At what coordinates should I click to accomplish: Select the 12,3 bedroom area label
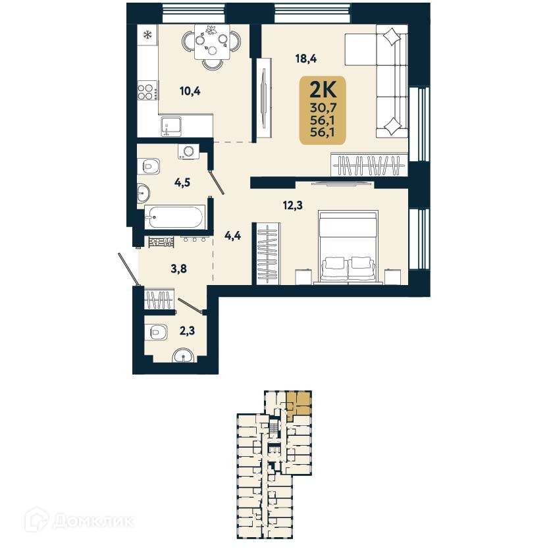click(x=293, y=205)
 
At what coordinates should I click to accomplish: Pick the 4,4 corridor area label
click(x=233, y=236)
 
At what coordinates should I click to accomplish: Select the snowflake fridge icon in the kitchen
click(x=147, y=33)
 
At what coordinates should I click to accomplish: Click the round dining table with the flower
click(x=212, y=42)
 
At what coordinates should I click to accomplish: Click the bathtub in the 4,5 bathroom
click(x=175, y=217)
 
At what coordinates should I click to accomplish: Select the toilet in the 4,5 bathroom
click(x=150, y=166)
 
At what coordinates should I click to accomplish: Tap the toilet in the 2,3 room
click(x=155, y=332)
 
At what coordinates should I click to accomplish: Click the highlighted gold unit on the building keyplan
click(x=299, y=404)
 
